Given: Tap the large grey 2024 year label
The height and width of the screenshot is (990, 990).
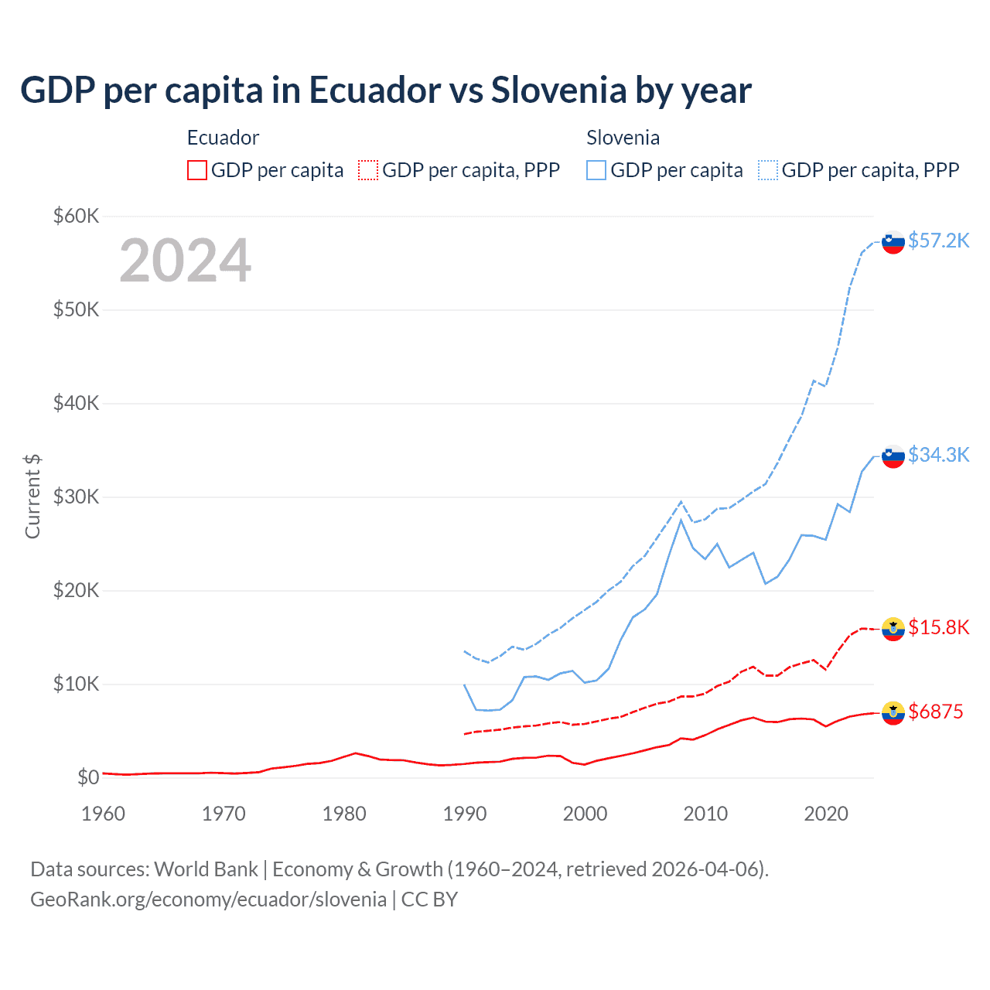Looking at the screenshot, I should click(x=185, y=261).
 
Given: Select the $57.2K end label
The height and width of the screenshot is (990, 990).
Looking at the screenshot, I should click(x=938, y=241).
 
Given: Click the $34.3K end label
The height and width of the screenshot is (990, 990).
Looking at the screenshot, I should click(x=938, y=455).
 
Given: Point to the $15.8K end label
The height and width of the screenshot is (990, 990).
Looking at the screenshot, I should click(x=938, y=627).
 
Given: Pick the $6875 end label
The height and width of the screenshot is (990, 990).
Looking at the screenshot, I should click(x=935, y=712).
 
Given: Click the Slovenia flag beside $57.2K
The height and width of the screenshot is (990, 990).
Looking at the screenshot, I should click(x=893, y=242).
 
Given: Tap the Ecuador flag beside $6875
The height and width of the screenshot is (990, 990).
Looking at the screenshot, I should click(x=893, y=712).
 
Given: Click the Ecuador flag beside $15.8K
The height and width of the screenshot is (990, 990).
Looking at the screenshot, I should click(x=893, y=629).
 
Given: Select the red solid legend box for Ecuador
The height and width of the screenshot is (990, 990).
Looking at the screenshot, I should click(x=197, y=170).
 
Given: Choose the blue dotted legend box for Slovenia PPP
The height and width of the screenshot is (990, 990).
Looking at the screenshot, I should click(x=768, y=170).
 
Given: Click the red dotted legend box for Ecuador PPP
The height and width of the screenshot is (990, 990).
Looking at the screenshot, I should click(x=368, y=170).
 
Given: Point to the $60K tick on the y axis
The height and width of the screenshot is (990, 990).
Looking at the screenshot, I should click(x=76, y=216).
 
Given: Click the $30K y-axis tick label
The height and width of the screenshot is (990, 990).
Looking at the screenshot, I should click(x=76, y=497).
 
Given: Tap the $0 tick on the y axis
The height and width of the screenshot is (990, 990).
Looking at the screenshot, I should click(x=87, y=777).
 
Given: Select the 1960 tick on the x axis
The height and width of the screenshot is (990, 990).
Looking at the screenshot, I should click(x=103, y=814).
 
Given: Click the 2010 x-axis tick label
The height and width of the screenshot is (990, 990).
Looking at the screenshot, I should click(x=705, y=814).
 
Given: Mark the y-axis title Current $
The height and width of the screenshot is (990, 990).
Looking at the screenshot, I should click(x=32, y=497).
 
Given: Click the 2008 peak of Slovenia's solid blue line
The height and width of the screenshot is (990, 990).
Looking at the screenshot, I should click(x=681, y=520).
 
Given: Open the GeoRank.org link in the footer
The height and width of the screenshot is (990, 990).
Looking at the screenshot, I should click(x=208, y=900).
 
